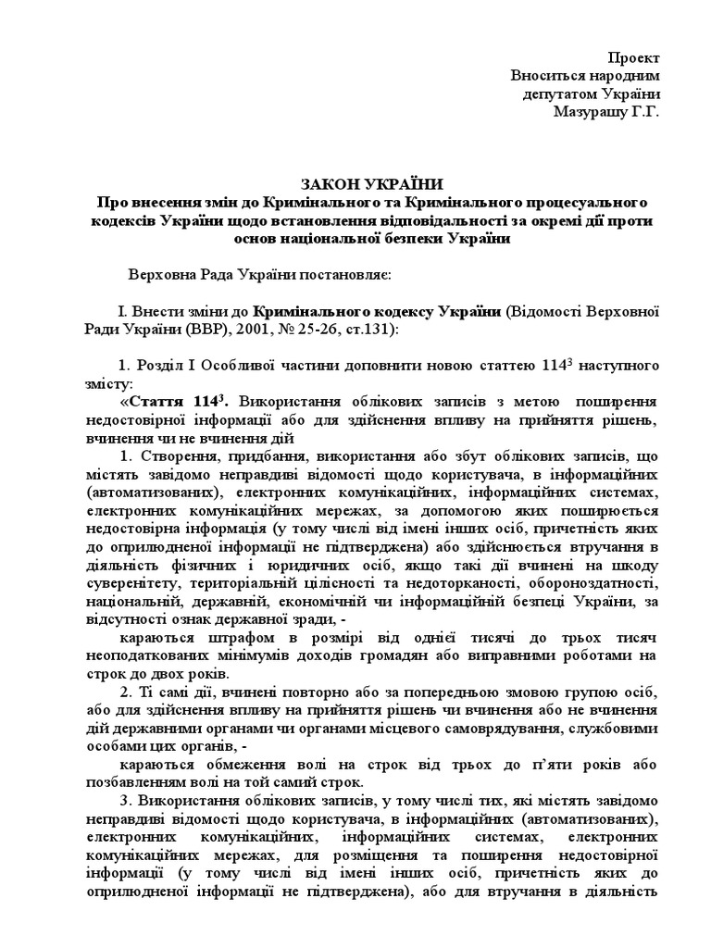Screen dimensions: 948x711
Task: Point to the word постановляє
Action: click(x=343, y=275)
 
